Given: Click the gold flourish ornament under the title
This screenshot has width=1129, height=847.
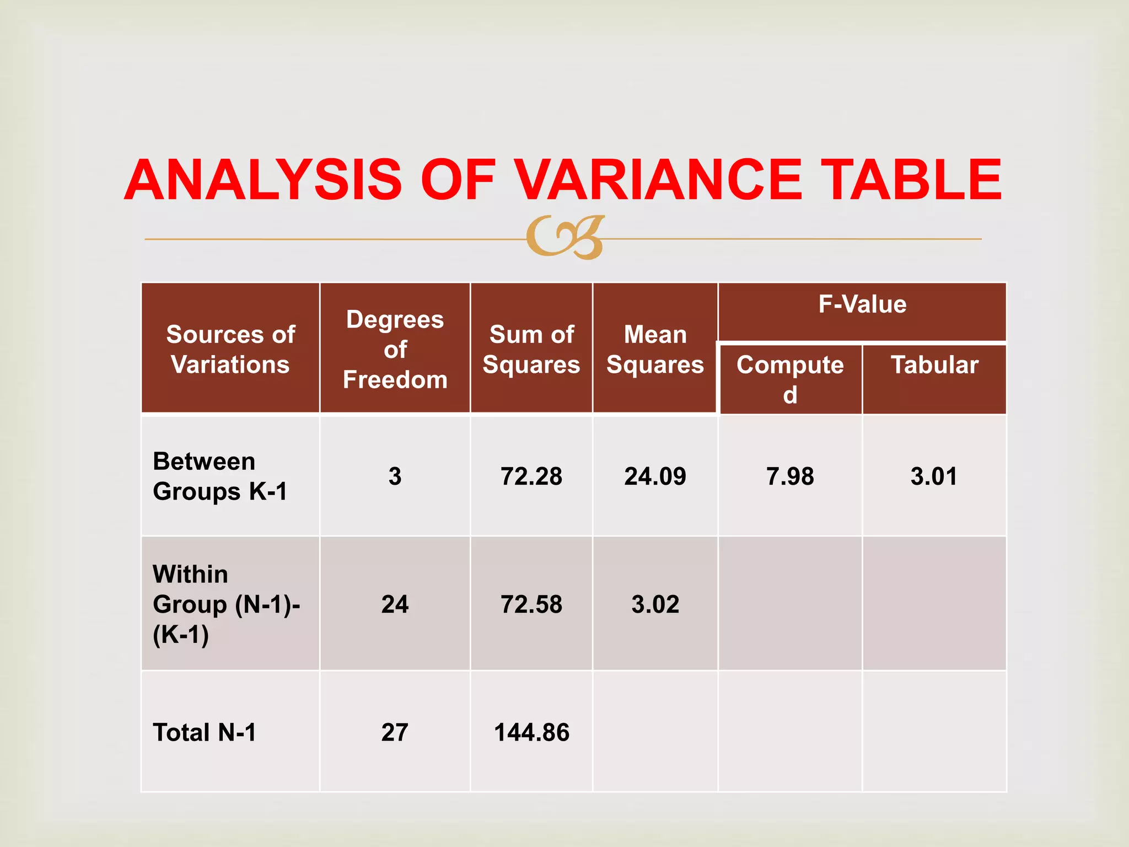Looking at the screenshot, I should tap(566, 237).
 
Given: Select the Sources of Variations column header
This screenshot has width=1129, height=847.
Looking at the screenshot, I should tap(230, 349).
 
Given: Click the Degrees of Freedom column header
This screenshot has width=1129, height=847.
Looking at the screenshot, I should tap(395, 349).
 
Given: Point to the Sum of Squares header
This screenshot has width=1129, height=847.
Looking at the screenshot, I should tap(531, 349).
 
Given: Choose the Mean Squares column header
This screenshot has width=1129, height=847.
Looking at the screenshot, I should tap(655, 349).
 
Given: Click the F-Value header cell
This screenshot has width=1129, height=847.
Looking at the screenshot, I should tap(862, 304).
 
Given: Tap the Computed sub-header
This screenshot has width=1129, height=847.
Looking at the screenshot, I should tap(790, 379).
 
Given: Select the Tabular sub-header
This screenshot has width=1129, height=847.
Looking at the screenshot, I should tap(934, 365).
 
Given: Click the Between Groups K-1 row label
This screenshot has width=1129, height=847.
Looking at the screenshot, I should tap(220, 476).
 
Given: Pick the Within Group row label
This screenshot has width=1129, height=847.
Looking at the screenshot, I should tap(226, 604).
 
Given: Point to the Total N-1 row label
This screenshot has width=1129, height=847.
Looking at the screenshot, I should tap(205, 732).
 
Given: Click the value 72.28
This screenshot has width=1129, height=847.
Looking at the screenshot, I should tap(531, 476).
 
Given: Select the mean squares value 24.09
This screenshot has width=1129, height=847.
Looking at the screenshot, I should tap(655, 476).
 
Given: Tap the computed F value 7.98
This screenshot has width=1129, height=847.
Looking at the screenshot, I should tap(790, 476).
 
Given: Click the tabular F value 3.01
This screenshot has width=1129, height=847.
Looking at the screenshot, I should tap(934, 476).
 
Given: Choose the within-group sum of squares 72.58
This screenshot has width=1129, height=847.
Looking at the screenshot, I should tap(531, 604).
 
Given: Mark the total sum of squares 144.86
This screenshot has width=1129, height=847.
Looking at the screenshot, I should tap(531, 732).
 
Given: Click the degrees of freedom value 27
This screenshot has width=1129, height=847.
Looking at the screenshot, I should tap(395, 732).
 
